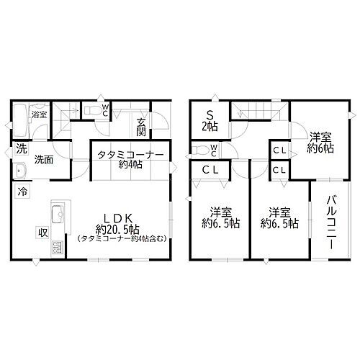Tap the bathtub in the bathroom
tap(19, 116)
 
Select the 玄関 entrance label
tap(141, 127)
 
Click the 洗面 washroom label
tap(43, 160)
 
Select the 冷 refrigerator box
tap(22, 192)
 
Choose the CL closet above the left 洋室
tap(210, 170)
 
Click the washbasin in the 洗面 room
tap(19, 171)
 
